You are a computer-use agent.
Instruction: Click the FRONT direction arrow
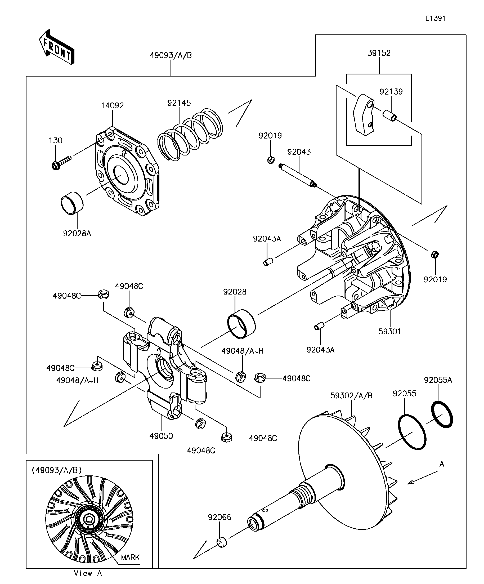57,47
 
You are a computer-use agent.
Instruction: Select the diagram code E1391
435,18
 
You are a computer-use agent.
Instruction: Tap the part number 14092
112,105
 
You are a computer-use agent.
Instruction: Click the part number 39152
379,53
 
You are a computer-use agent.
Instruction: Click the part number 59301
390,331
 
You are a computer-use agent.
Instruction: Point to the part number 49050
161,436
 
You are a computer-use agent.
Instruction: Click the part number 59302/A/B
351,395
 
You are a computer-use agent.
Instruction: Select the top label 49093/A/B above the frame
171,55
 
